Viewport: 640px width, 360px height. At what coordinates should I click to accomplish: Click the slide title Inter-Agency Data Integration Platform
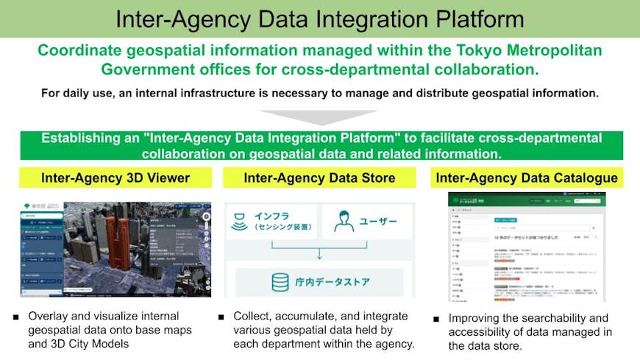pos(319,18)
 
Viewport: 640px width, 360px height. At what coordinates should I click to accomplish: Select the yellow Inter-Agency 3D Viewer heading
pos(115,177)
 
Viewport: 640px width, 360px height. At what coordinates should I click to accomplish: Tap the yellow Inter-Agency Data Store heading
pos(319,177)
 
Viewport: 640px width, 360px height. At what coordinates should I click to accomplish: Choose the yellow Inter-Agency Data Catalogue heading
pos(526,177)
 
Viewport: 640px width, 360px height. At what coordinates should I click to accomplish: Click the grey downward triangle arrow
pos(319,119)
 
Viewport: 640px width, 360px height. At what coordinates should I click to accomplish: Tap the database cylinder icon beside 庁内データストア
pos(280,283)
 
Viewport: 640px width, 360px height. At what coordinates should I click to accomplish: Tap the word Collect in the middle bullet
pos(254,317)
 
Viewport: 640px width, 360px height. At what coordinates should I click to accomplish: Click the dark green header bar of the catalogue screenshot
pos(526,200)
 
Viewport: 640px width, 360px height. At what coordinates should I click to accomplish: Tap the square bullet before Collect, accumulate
pos(221,317)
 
